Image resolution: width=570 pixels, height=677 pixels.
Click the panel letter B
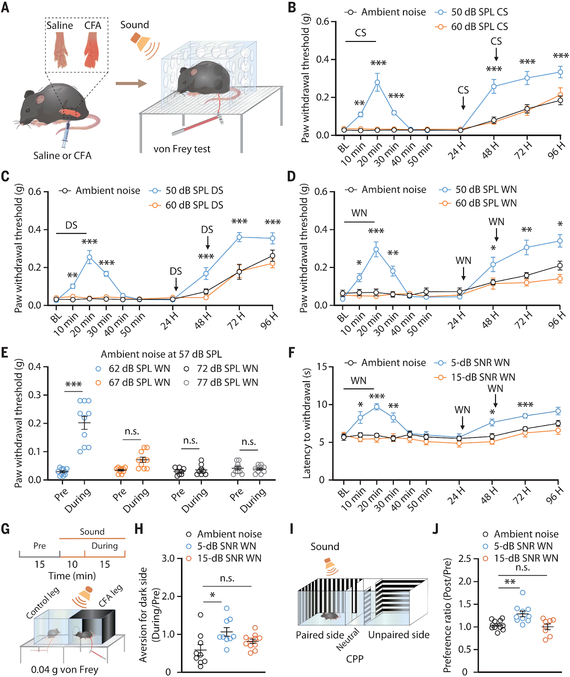[x=292, y=7]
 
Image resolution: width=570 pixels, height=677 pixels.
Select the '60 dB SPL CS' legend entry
[x=473, y=27]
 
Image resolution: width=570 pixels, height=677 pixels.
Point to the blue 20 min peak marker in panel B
[x=377, y=83]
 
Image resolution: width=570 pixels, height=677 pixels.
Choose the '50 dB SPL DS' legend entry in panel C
[x=188, y=191]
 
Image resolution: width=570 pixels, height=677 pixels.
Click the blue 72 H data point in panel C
[x=239, y=237]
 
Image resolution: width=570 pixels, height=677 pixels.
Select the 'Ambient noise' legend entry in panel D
[x=386, y=190]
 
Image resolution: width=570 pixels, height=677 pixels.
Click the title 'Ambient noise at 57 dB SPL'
[x=161, y=354]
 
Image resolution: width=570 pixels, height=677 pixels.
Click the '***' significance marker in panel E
[x=74, y=385]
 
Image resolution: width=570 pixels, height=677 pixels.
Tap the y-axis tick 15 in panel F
[x=322, y=366]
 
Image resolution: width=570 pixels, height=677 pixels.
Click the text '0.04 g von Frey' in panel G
[x=65, y=669]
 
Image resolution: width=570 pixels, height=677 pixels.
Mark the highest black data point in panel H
[x=200, y=615]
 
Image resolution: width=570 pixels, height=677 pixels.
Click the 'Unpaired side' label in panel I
[x=399, y=635]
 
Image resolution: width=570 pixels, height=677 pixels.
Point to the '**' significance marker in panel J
[x=510, y=582]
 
